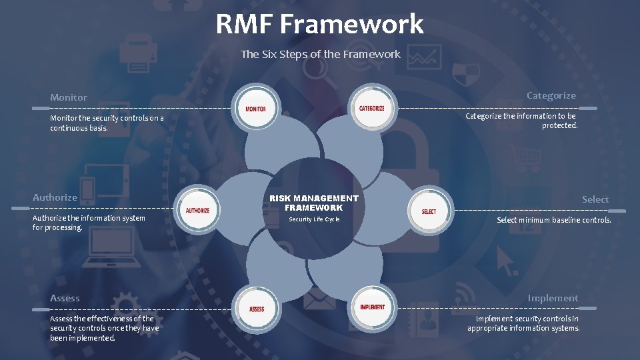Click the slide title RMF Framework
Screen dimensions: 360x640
pos(319,25)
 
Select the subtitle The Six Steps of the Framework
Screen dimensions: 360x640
pos(320,54)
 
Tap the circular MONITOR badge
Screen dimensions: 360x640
pos(255,109)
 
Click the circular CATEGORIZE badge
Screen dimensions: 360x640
pos(371,108)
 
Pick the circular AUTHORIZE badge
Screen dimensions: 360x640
pos(197,211)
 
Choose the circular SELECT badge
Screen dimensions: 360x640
pos(429,211)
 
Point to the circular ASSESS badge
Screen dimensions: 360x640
pos(257,309)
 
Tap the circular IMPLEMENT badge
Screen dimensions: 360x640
pos(372,307)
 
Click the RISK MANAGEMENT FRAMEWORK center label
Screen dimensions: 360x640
pos(313,203)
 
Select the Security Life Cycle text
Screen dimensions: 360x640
pos(314,219)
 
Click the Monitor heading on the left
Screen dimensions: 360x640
pos(69,97)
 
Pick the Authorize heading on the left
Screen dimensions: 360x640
pos(55,197)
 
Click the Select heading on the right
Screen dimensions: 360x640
pos(595,199)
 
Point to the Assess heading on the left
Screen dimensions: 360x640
pos(65,298)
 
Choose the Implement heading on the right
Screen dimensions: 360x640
pos(553,298)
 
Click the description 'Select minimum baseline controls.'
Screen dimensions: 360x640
pos(553,220)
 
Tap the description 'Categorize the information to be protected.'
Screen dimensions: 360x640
pos(521,121)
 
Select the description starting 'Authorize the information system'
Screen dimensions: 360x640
pos(89,223)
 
